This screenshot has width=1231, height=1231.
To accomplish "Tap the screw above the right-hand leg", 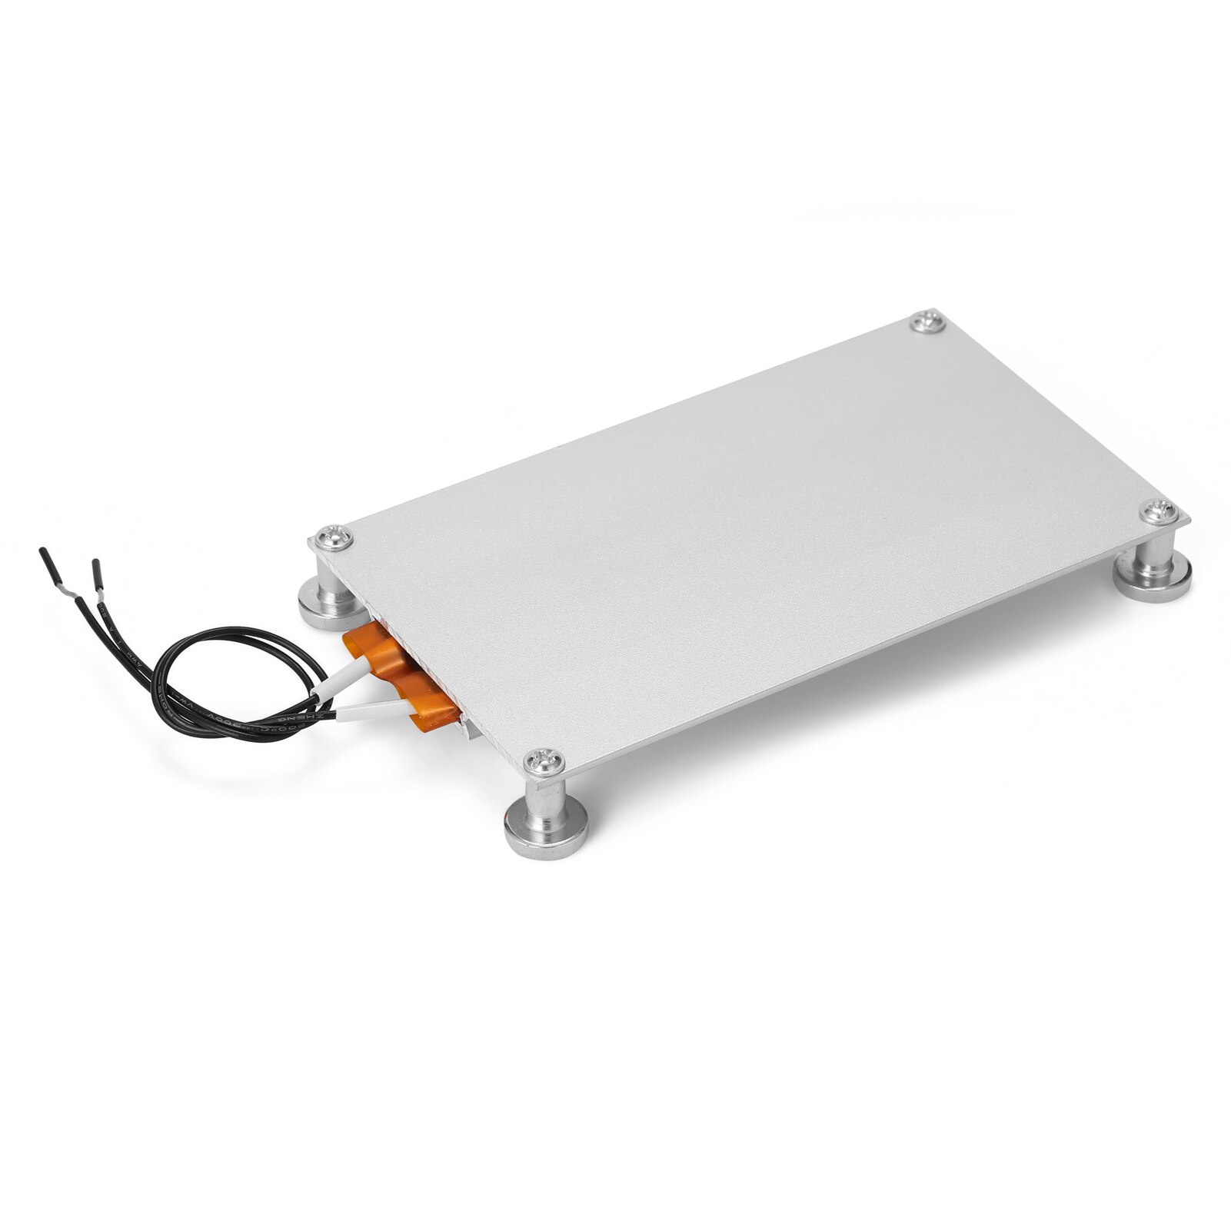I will [1158, 511].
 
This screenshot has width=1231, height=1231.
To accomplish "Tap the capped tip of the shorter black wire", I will [96, 570].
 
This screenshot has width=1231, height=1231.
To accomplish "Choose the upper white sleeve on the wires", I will [337, 683].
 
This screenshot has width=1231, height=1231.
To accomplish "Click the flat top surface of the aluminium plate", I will [754, 523].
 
